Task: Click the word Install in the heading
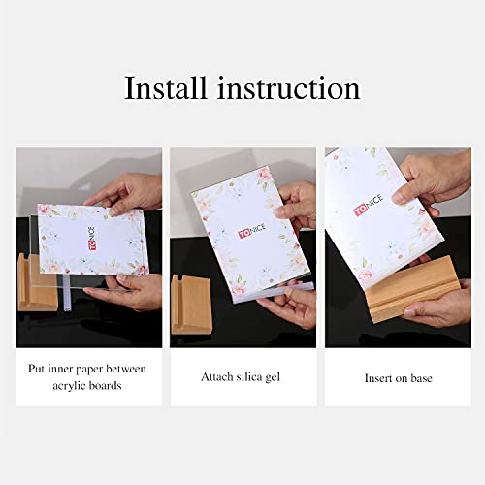coord(166,88)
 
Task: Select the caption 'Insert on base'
coord(398,377)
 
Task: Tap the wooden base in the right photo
coord(412,287)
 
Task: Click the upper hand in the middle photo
coord(296,204)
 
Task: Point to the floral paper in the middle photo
coord(242,233)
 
